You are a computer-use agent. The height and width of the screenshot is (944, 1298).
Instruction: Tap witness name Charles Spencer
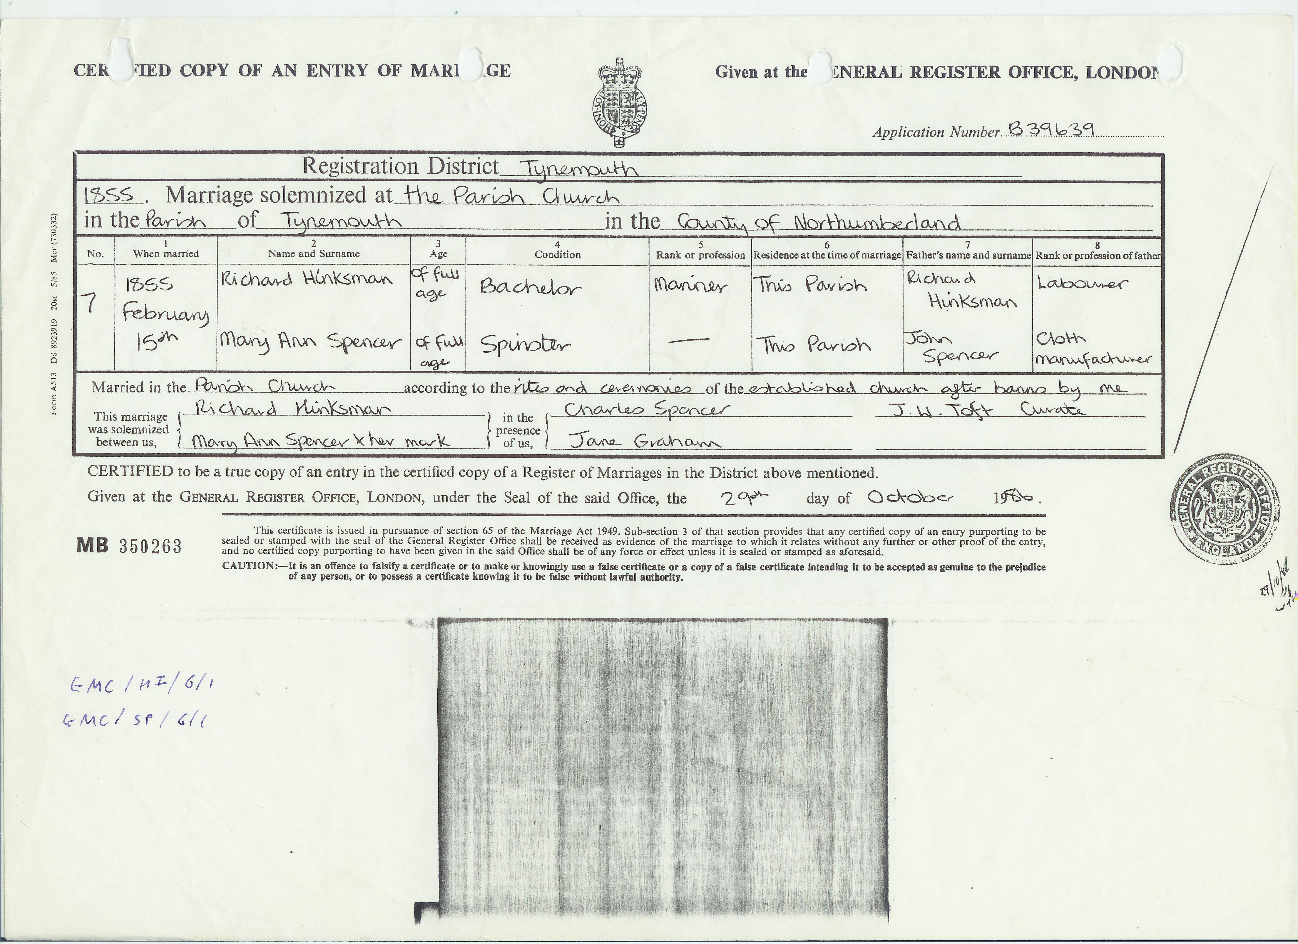[646, 409]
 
